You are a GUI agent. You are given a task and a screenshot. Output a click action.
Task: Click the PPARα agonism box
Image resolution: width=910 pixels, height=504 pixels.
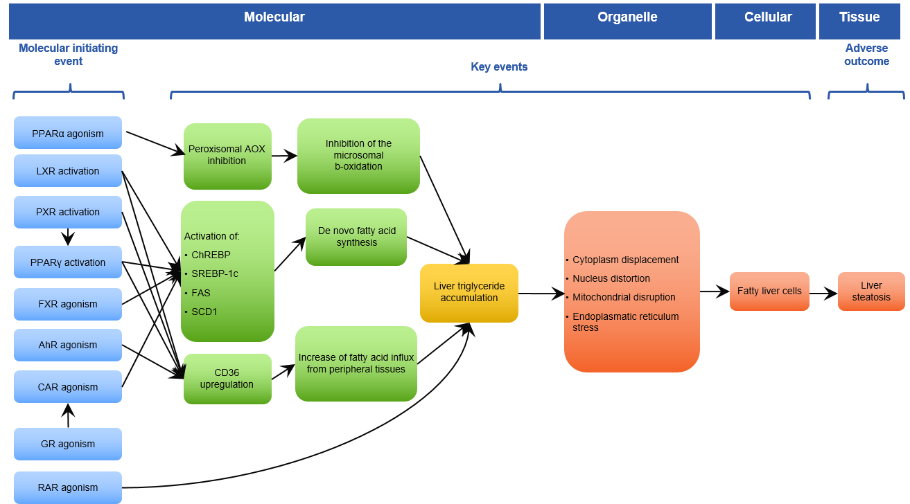(x=68, y=133)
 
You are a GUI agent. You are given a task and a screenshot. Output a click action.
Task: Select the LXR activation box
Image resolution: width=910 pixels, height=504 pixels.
(x=68, y=171)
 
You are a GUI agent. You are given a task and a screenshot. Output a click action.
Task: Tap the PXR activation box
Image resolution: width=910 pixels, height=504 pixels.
(x=68, y=212)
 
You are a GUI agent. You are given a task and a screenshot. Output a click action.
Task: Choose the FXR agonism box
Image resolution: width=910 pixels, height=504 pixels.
(x=68, y=304)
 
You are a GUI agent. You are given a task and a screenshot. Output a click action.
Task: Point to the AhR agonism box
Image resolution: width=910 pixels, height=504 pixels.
(x=68, y=345)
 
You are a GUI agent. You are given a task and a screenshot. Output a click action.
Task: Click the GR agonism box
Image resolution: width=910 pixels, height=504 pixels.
(x=68, y=444)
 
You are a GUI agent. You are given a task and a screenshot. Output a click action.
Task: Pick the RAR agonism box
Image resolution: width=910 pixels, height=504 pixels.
(x=68, y=487)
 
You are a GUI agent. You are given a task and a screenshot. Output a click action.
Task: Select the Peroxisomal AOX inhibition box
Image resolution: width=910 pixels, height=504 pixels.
(x=227, y=155)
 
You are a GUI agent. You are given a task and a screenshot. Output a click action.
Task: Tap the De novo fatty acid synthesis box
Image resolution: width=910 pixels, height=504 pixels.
(x=356, y=237)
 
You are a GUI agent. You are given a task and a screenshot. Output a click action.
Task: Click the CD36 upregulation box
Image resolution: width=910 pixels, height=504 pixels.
(x=227, y=378)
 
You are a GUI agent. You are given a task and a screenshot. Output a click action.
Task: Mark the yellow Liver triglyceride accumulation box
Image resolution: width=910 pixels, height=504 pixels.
(x=469, y=292)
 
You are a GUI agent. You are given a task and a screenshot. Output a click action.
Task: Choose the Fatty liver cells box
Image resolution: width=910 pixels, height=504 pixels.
(x=769, y=291)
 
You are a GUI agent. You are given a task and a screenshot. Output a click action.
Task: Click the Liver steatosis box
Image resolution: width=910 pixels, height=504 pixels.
(x=871, y=291)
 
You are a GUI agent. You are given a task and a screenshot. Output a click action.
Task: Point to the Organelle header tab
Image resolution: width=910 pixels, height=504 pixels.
(x=627, y=18)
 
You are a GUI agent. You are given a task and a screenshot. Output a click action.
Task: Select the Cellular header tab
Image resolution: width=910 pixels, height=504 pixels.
(x=768, y=18)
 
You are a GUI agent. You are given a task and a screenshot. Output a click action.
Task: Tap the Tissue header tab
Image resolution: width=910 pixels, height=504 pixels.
(x=859, y=18)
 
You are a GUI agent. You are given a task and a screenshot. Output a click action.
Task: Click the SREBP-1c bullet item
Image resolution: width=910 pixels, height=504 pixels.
(x=215, y=273)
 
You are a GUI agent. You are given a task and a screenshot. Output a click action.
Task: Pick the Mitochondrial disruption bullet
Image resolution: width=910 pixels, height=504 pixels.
(x=624, y=297)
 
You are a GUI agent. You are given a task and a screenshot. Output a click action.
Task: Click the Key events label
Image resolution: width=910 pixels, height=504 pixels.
(x=499, y=67)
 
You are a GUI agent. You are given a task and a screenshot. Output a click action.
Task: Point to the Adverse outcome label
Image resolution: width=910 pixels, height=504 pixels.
(x=866, y=55)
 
